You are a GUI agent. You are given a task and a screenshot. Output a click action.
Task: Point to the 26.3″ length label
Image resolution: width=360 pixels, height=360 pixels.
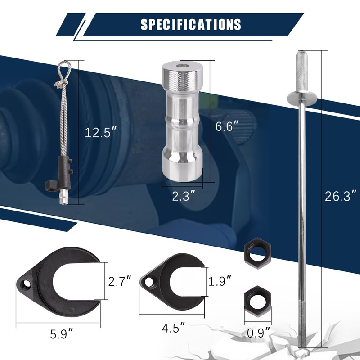click(341, 196)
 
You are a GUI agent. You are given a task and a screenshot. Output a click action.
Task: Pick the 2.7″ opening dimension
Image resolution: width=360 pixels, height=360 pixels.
click(120, 282)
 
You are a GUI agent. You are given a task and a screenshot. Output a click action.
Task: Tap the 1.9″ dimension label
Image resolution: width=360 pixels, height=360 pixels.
click(220, 282)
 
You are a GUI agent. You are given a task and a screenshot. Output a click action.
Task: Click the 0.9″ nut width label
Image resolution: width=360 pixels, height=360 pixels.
click(259, 333)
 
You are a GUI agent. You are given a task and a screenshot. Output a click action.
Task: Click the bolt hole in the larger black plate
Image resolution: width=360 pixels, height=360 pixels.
click(28, 284)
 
